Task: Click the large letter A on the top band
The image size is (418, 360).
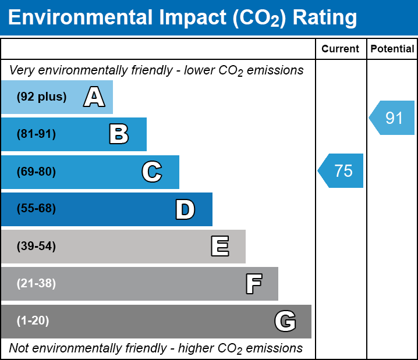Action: [x=94, y=97]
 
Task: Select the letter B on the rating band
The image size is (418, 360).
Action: [x=119, y=134]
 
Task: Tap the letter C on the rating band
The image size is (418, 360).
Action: [x=152, y=172]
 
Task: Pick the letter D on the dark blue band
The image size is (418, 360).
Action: [x=185, y=209]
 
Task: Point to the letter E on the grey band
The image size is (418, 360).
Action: [x=219, y=247]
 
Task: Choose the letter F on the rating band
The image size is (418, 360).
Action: [x=253, y=284]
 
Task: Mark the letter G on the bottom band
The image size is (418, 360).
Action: [x=285, y=321]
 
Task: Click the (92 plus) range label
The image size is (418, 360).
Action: [x=41, y=97]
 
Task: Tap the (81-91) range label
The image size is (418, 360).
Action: [x=36, y=134]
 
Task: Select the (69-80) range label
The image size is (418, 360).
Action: [x=36, y=172]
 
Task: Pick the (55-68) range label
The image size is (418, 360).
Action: [x=36, y=209]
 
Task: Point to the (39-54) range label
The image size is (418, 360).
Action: [x=36, y=247]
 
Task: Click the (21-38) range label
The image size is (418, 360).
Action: [x=36, y=284]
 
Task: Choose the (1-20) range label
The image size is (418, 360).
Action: [x=33, y=321]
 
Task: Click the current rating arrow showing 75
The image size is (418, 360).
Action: [x=342, y=171]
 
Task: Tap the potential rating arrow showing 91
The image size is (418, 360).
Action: [x=393, y=118]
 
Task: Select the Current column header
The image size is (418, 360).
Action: [x=341, y=49]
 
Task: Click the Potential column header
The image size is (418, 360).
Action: [x=392, y=49]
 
